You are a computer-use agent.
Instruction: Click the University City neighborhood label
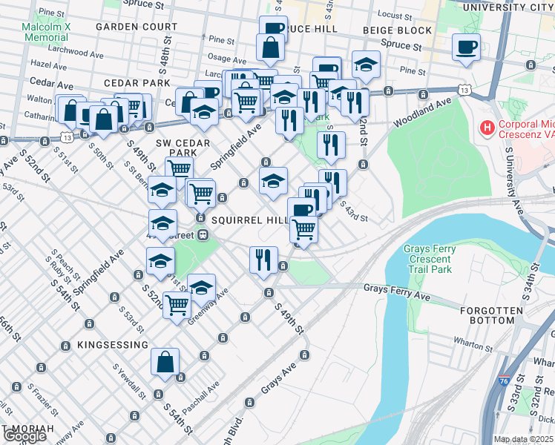click(508, 7)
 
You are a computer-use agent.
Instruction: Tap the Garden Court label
click(136, 26)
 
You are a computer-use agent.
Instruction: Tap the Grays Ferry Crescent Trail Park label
click(427, 260)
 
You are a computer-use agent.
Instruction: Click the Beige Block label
click(397, 30)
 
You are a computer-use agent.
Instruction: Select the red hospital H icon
click(487, 128)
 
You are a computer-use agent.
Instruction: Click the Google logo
click(24, 436)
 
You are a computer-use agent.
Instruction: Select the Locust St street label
click(395, 14)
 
